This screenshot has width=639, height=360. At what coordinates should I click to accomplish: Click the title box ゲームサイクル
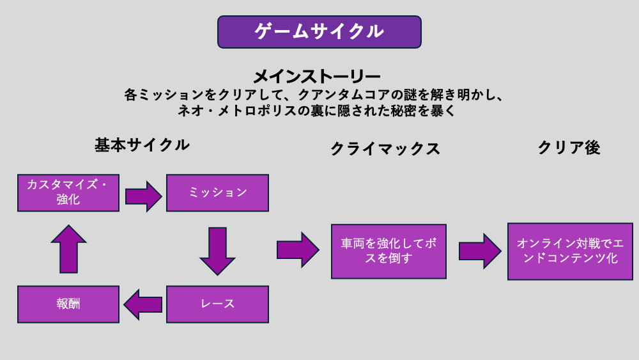(319, 32)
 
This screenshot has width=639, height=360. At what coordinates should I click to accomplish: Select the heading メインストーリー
(317, 77)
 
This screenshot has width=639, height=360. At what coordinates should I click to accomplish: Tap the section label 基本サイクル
(142, 145)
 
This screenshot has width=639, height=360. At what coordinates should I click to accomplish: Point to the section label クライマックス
(385, 149)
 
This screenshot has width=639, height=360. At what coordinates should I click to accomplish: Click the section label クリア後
(569, 148)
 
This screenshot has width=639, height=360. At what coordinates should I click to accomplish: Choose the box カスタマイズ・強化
(68, 192)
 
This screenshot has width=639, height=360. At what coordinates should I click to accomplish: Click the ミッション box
(217, 192)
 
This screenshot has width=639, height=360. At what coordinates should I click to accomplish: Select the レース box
(217, 304)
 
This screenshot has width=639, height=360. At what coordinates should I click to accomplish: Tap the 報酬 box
(68, 304)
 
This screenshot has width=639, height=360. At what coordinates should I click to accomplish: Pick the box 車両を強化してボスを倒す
(389, 251)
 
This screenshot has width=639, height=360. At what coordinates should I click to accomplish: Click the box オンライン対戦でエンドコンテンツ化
(570, 251)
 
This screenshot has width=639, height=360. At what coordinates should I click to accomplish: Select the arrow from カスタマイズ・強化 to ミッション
(143, 196)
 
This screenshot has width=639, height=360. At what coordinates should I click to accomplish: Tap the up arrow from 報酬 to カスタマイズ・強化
(68, 249)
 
